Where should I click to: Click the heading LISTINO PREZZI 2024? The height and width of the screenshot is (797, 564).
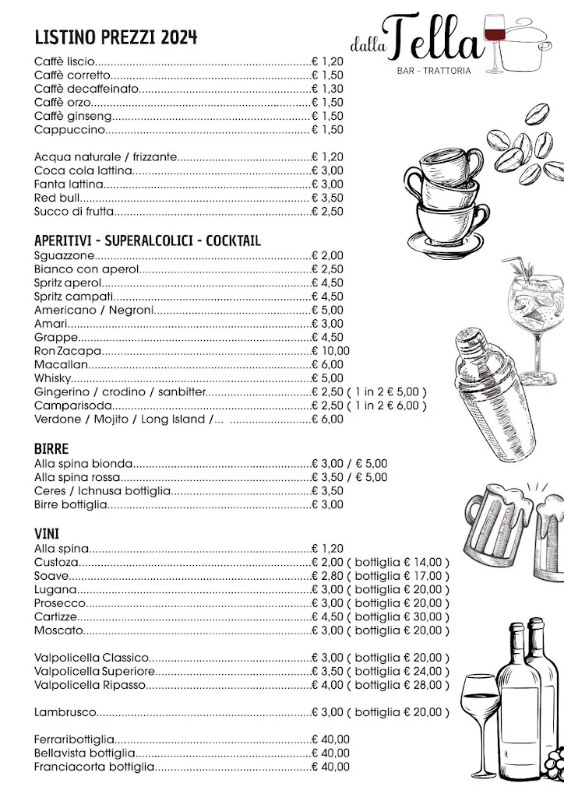(115, 37)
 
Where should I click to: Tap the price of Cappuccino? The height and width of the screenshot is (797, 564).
(327, 129)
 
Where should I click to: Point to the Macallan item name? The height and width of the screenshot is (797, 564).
(61, 364)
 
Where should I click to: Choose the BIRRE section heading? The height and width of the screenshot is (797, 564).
(51, 449)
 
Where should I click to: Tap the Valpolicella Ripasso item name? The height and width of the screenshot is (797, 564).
(90, 685)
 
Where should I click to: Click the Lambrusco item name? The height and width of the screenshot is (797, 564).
(65, 712)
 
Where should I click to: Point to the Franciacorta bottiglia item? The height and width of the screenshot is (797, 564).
(94, 767)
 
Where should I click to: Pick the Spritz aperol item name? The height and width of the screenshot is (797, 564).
(68, 283)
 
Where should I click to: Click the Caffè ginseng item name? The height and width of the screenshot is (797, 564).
(74, 116)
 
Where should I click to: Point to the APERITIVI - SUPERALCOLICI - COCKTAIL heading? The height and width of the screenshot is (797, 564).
(147, 241)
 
